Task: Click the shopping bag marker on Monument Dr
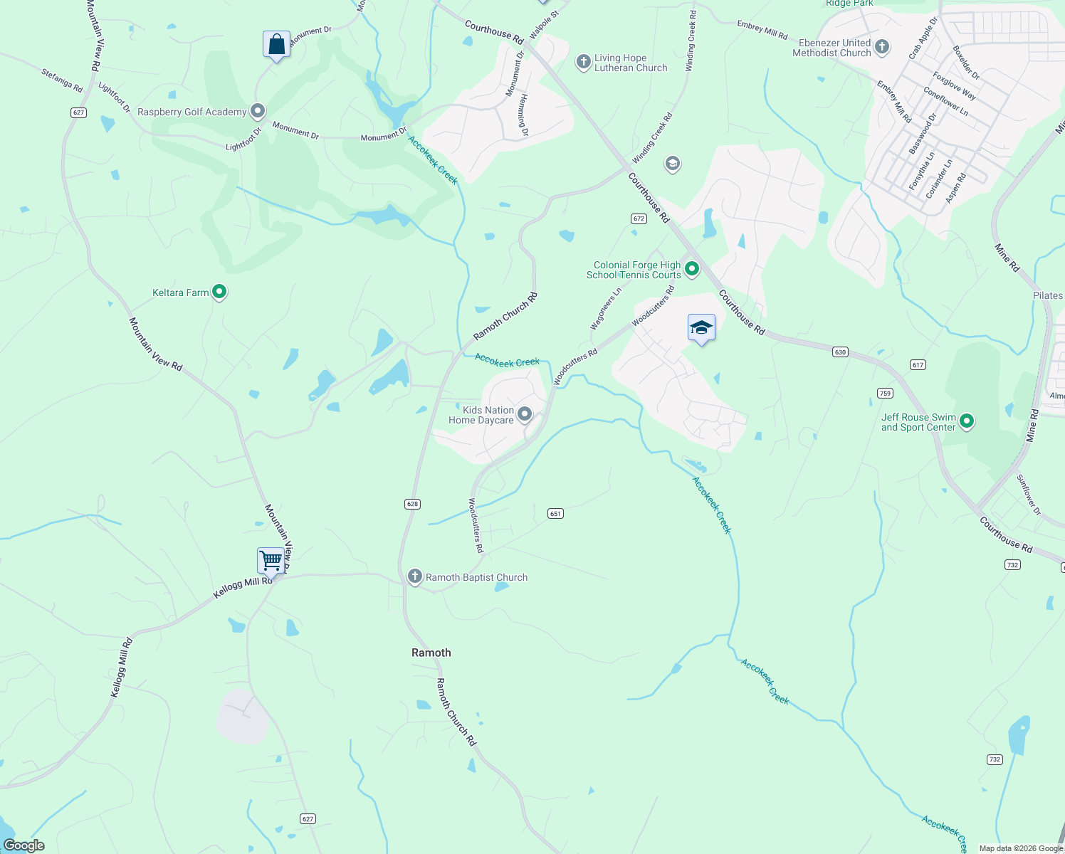(x=276, y=45)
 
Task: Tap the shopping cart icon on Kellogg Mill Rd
(x=271, y=560)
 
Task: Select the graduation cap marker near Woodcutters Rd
(x=701, y=327)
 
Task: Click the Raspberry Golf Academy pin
(x=258, y=111)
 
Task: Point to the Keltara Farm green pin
(x=219, y=292)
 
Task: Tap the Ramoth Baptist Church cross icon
(x=414, y=576)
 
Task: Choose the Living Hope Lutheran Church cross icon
(x=584, y=62)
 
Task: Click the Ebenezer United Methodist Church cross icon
(x=882, y=48)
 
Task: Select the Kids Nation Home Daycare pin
(x=525, y=414)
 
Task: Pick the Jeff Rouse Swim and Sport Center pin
(x=967, y=421)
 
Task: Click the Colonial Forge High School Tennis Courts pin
(x=691, y=269)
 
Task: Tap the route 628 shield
(x=412, y=504)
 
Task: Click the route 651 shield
(x=555, y=513)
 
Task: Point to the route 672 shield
(x=639, y=218)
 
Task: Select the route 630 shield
(x=840, y=352)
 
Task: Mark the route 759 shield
(x=885, y=393)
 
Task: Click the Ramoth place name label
(x=431, y=653)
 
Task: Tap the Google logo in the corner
(x=24, y=845)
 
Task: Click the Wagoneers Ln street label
(x=606, y=308)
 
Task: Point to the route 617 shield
(x=918, y=364)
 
